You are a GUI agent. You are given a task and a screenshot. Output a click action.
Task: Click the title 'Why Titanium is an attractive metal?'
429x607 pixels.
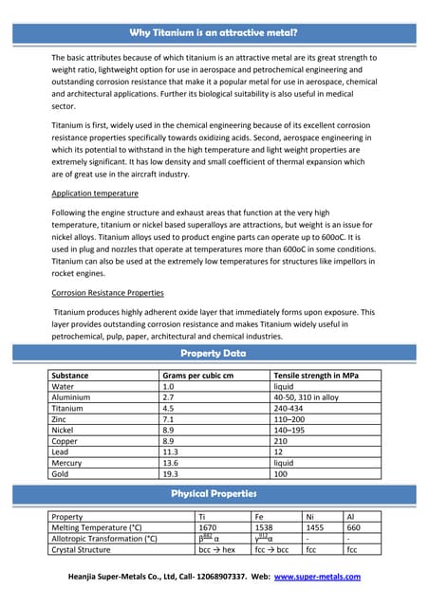point(214,32)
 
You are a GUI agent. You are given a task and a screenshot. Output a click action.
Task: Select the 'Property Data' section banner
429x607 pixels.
point(214,353)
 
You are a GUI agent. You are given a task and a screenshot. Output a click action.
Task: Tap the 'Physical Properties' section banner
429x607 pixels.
point(214,493)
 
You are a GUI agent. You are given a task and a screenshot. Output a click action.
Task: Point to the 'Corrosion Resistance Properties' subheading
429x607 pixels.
point(107,292)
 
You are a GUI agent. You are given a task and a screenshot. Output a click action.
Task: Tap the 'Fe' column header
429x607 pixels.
point(261,516)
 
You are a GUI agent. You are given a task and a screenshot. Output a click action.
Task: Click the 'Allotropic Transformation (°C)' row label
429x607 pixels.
point(103,538)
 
